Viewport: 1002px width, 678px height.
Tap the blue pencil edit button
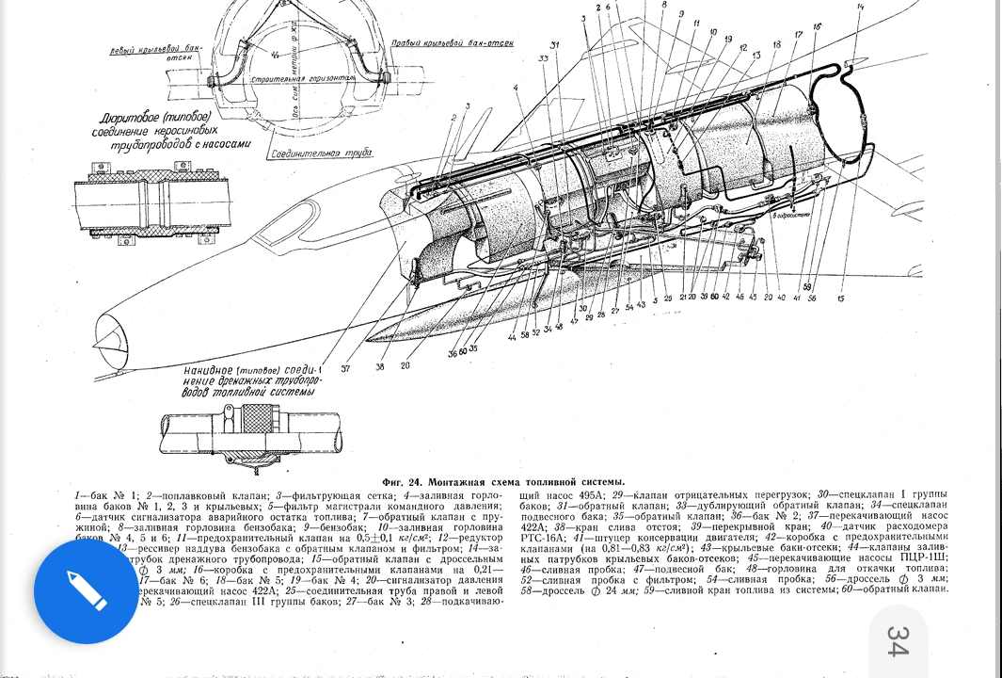[86, 590]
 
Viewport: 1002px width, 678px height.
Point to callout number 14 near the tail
[859, 8]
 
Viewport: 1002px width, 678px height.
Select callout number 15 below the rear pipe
[840, 299]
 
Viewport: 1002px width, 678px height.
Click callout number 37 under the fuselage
[345, 368]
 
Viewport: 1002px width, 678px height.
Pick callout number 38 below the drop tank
[380, 366]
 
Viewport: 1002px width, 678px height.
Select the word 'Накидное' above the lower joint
[211, 370]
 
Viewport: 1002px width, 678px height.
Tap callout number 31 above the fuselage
[554, 45]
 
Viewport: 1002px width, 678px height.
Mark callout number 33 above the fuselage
[543, 58]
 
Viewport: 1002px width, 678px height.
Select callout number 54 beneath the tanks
[628, 307]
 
